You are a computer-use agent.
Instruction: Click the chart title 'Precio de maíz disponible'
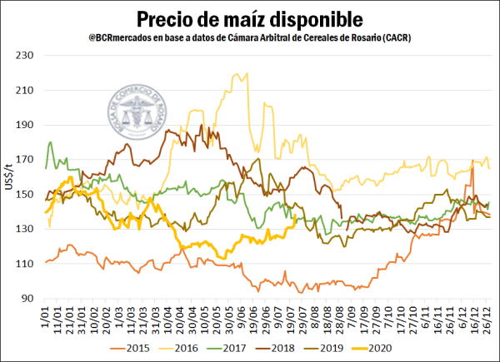(x=249, y=17)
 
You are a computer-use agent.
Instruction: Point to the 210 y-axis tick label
(x=28, y=90)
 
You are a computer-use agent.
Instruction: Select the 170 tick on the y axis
(x=28, y=159)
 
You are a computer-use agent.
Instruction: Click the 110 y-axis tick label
(x=28, y=263)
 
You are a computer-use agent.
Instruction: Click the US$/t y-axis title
(x=10, y=176)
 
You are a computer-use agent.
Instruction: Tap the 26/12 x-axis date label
(x=485, y=320)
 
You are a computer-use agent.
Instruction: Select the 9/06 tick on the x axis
(x=242, y=318)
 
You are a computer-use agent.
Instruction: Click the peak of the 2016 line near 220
(x=244, y=73)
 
